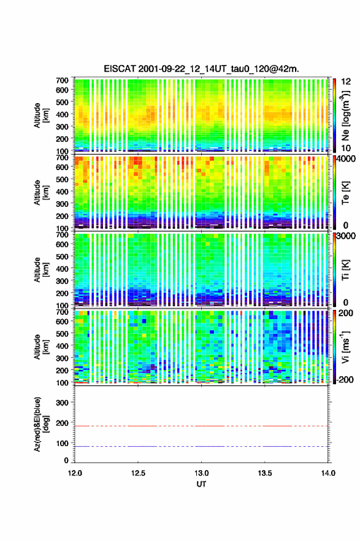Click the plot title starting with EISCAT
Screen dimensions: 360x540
[201, 69]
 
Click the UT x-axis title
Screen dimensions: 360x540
[201, 484]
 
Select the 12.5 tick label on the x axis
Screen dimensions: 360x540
[138, 473]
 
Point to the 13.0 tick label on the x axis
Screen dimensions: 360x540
[201, 473]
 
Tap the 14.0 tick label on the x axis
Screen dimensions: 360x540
[328, 473]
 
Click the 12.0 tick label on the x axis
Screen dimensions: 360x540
[75, 473]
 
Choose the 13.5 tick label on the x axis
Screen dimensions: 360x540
[265, 473]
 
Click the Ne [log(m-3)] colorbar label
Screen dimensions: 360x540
[345, 115]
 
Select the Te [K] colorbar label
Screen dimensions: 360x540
[345, 193]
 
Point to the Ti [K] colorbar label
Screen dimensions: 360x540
[345, 269]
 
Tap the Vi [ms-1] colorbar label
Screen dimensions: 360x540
[345, 347]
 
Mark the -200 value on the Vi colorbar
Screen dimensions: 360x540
[345, 379]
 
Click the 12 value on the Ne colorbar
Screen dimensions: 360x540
[346, 82]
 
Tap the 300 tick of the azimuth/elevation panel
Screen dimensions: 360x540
[62, 403]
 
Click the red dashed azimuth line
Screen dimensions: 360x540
[201, 426]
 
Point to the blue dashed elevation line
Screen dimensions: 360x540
[201, 446]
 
